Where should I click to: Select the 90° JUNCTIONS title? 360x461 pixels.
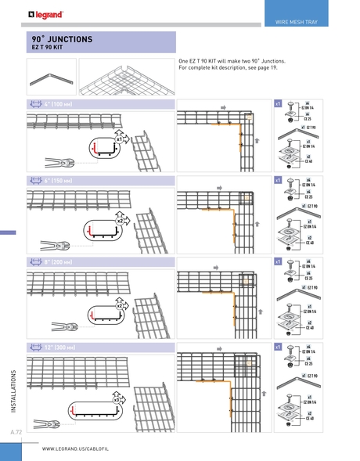point(62,38)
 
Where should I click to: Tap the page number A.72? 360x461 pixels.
point(16,432)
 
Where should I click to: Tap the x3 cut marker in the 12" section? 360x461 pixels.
point(117,399)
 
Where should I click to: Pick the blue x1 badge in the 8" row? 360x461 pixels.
point(278,262)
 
